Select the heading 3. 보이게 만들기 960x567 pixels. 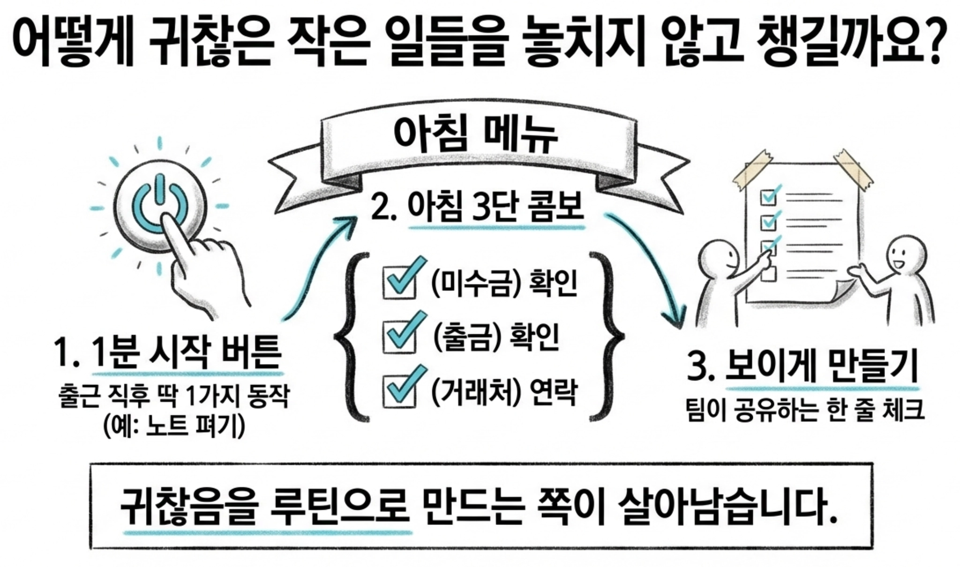pyautogui.click(x=802, y=368)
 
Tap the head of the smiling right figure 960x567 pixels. pyautogui.click(x=907, y=255)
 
